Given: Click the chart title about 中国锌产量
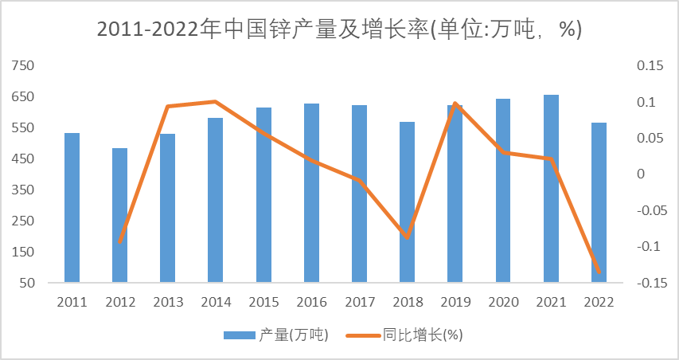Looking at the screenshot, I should pyautogui.click(x=339, y=29).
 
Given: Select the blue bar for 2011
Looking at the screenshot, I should pyautogui.click(x=72, y=207).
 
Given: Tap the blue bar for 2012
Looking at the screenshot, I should pyautogui.click(x=119, y=215).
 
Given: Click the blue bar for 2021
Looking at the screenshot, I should pyautogui.click(x=551, y=189).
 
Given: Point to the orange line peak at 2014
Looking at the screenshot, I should pyautogui.click(x=215, y=101).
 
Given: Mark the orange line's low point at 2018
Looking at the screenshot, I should pyautogui.click(x=407, y=237).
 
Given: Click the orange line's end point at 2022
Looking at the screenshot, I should pyautogui.click(x=599, y=272).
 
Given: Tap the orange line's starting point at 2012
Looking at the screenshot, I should pyautogui.click(x=119, y=242).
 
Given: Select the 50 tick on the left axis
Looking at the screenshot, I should pyautogui.click(x=27, y=283).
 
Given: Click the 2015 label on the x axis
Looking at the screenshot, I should pyautogui.click(x=263, y=303).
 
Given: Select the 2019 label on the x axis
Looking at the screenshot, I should pyautogui.click(x=455, y=303).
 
